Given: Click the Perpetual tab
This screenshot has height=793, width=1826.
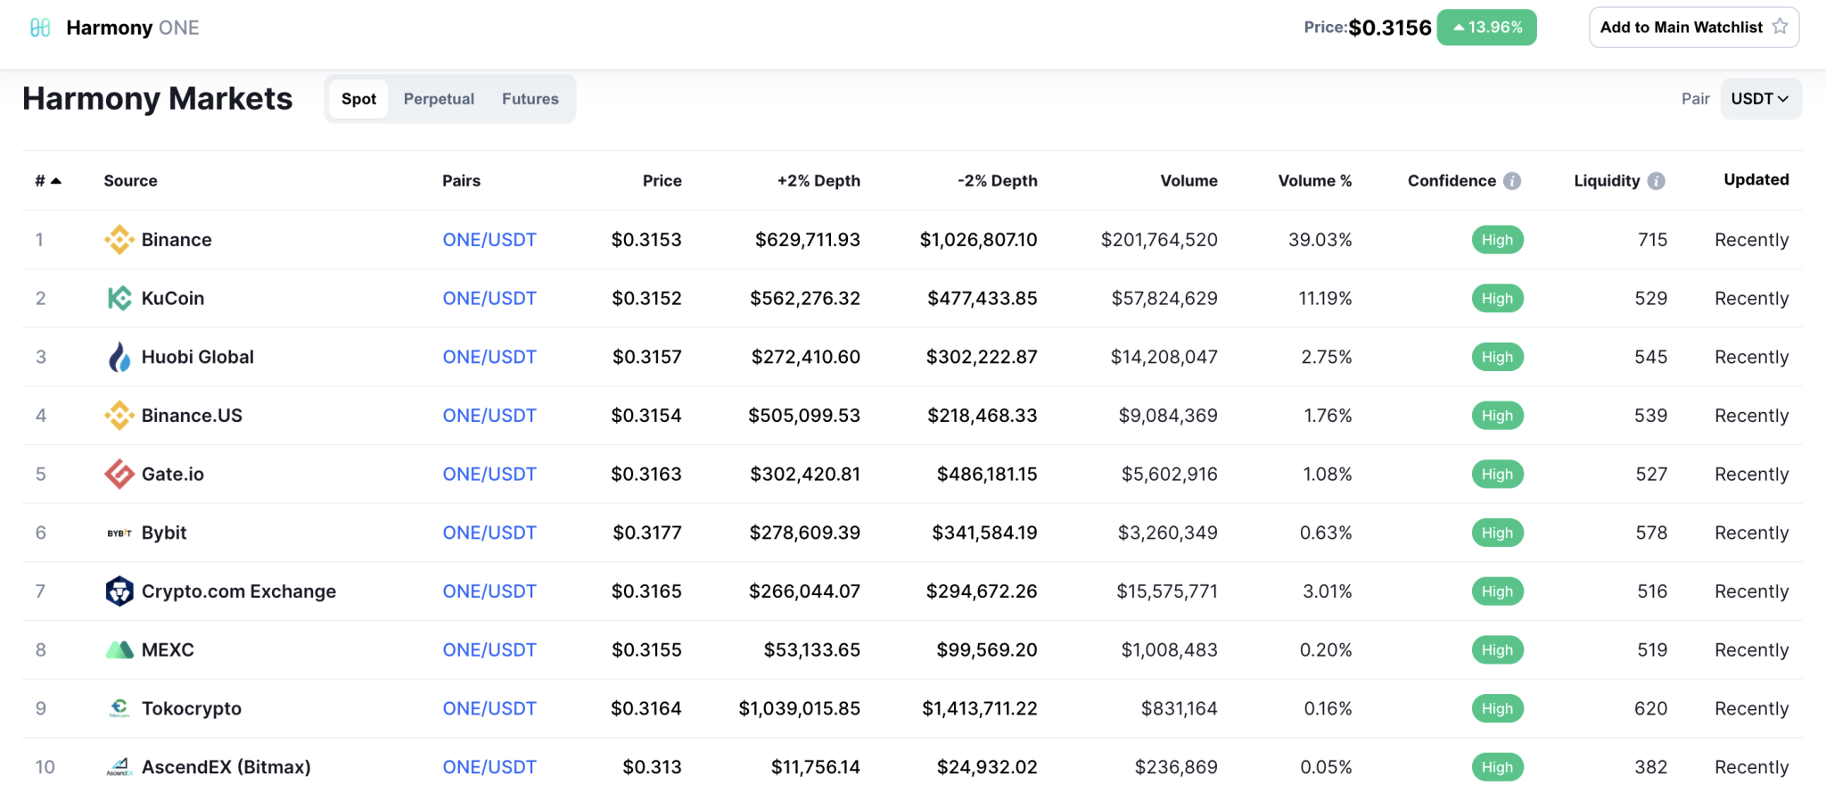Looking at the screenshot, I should pyautogui.click(x=439, y=99).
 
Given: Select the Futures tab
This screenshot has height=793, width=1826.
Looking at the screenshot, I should pyautogui.click(x=530, y=99).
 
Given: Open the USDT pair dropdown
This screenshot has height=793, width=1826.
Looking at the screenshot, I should pyautogui.click(x=1760, y=99).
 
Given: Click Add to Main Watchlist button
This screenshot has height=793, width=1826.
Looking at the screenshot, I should pyautogui.click(x=1693, y=28).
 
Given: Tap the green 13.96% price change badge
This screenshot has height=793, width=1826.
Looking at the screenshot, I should pyautogui.click(x=1486, y=28).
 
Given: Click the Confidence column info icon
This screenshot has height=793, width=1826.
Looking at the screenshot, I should pyautogui.click(x=1512, y=181).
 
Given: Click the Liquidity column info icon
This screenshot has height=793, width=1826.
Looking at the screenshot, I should pyautogui.click(x=1656, y=181).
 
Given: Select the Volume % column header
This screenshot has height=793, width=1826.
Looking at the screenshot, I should pyautogui.click(x=1314, y=181).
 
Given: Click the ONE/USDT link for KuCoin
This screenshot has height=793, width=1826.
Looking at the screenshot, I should pyautogui.click(x=489, y=299).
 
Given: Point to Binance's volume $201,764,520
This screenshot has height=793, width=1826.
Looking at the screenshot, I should pyautogui.click(x=1158, y=240).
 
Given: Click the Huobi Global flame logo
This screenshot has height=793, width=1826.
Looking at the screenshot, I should pyautogui.click(x=119, y=357).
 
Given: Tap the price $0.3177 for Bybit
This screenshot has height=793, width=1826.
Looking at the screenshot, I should pyautogui.click(x=646, y=533).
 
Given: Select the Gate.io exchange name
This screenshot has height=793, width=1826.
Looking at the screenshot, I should pyautogui.click(x=173, y=475).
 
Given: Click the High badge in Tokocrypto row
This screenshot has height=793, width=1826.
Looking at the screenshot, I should pyautogui.click(x=1497, y=709).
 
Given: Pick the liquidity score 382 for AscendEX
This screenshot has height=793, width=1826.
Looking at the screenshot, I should pyautogui.click(x=1650, y=767).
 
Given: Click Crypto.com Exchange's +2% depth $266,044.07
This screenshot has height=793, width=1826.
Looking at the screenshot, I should pyautogui.click(x=804, y=591).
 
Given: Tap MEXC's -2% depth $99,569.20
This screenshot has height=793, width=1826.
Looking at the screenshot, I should pyautogui.click(x=986, y=650).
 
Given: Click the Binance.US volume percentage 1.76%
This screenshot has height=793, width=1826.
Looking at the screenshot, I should pyautogui.click(x=1328, y=416).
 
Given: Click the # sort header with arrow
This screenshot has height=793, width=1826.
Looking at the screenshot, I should pyautogui.click(x=48, y=181).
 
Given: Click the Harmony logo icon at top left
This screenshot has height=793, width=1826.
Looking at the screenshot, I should pyautogui.click(x=40, y=28).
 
